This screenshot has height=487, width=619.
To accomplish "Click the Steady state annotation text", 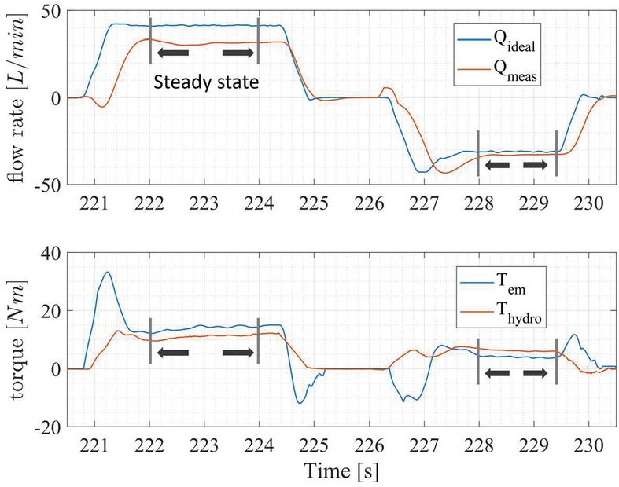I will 205,82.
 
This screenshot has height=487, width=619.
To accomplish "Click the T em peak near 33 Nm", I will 107,273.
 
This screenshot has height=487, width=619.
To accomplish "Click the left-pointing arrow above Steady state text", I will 173,53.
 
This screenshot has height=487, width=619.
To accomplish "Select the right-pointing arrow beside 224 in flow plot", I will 239,53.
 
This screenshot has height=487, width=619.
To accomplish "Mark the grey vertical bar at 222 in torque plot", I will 150,341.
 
